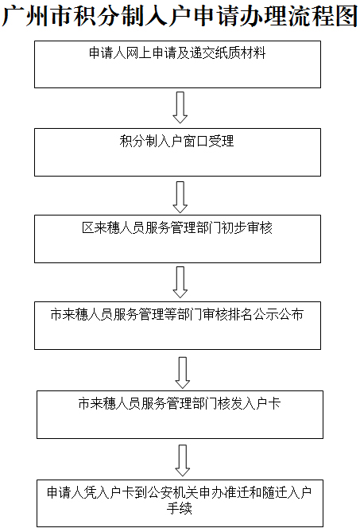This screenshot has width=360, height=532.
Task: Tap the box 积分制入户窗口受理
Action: (x=177, y=152)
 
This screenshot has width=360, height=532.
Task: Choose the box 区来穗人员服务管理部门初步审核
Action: (x=177, y=238)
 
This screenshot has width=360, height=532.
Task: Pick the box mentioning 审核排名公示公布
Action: (x=177, y=325)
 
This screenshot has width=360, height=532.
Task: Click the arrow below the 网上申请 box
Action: (x=180, y=107)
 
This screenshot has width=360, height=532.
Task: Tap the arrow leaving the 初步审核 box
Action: (x=180, y=282)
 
